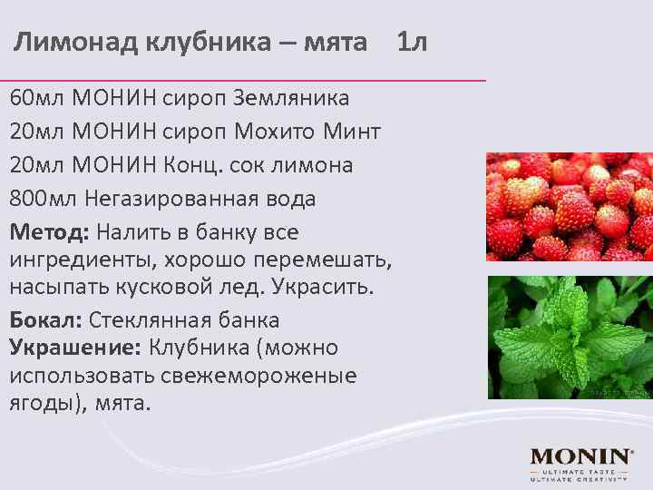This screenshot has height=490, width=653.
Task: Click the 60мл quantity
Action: pyautogui.click(x=37, y=97)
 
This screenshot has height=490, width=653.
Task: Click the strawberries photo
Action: pyautogui.click(x=570, y=206)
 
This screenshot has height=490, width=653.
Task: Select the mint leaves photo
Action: pyautogui.click(x=570, y=337)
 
